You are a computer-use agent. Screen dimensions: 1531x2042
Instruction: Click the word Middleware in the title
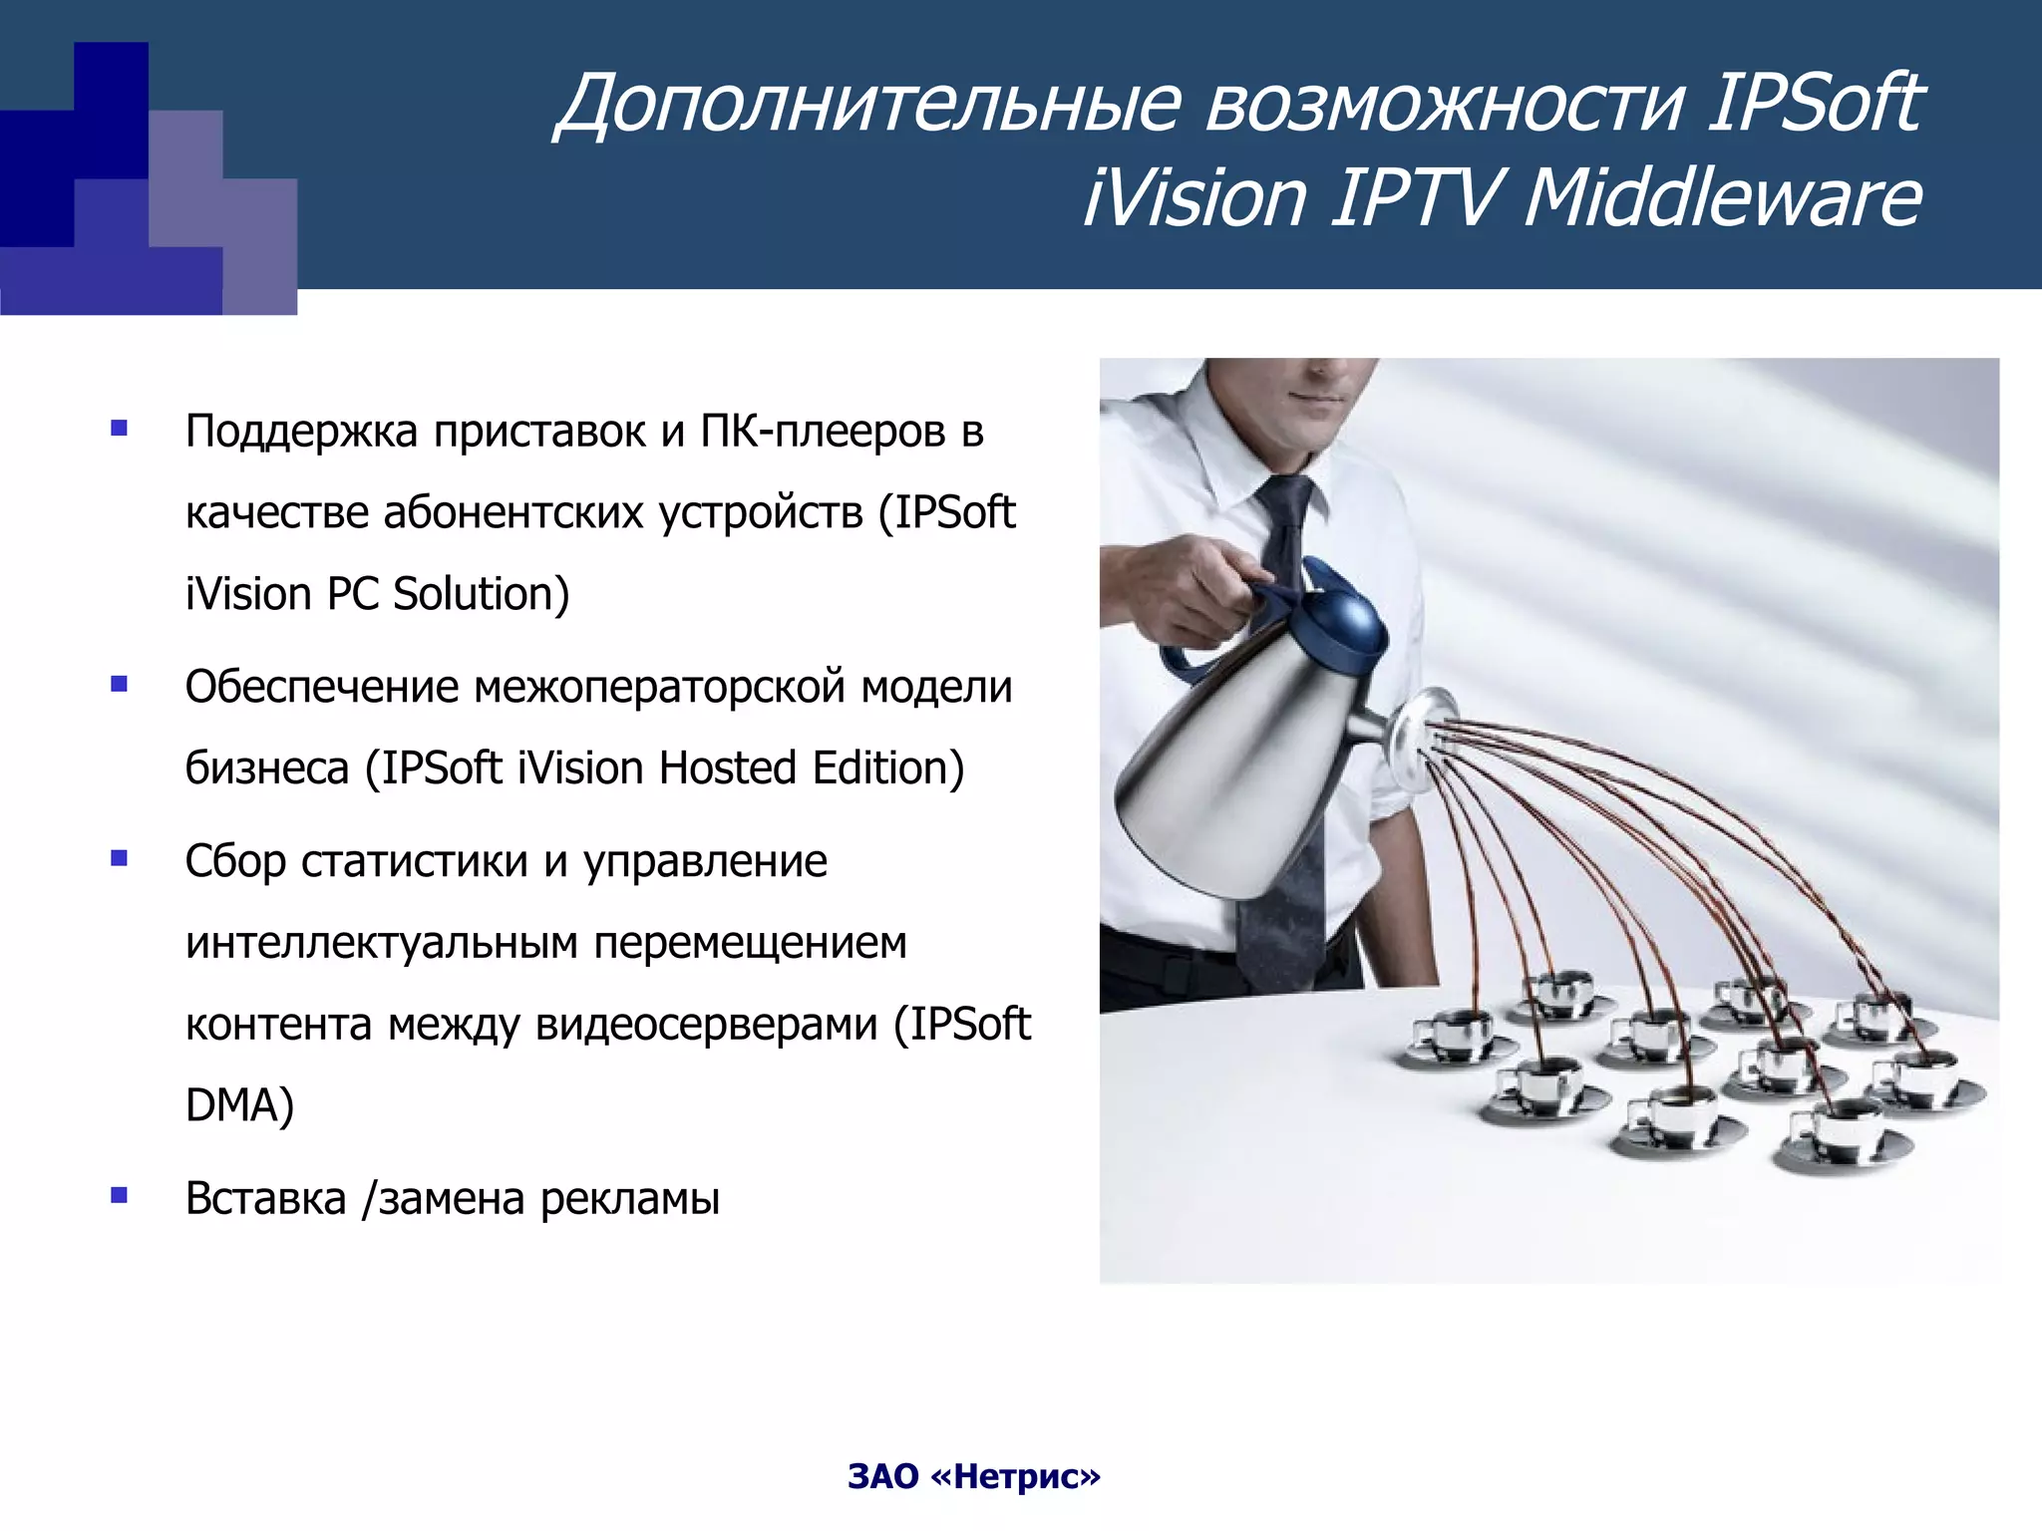pos(1722,197)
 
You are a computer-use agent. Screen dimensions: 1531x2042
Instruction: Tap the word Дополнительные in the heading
pos(871,103)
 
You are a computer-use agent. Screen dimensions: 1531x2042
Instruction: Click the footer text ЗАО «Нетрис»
pos(974,1476)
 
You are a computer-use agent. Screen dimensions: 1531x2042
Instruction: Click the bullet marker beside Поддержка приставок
pos(120,430)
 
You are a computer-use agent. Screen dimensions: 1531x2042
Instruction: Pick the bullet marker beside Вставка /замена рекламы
pos(120,1195)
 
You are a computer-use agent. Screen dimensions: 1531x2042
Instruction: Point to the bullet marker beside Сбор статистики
pos(120,858)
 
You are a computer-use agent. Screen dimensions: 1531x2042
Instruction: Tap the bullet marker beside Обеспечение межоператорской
pos(120,684)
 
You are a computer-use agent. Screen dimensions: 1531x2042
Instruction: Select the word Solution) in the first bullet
pos(481,594)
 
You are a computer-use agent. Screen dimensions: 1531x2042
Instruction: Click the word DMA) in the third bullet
pos(239,1105)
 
